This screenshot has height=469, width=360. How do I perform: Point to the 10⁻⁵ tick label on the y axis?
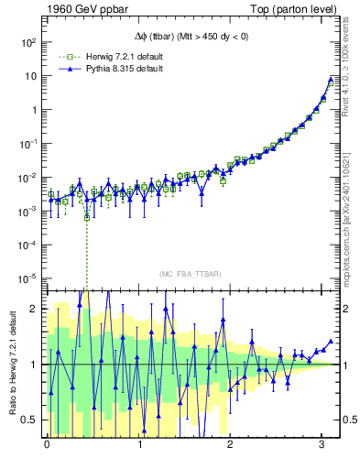point(28,278)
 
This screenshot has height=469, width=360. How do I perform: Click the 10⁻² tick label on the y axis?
point(28,178)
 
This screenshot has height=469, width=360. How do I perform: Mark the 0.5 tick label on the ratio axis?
point(29,420)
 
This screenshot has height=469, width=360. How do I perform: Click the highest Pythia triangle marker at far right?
point(331,80)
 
